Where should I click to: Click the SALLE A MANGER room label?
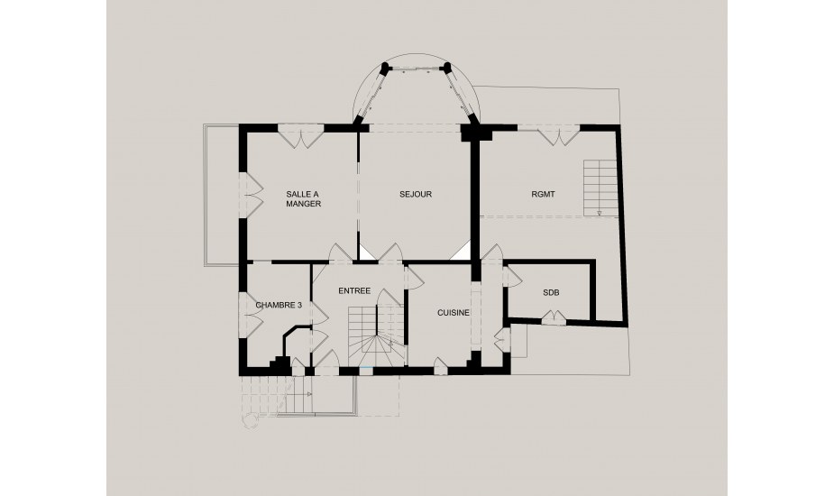tap(303, 199)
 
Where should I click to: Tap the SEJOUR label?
tap(416, 194)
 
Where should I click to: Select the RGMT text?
tap(543, 194)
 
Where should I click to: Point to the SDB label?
tap(551, 293)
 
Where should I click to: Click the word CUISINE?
tap(454, 313)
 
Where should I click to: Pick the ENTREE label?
tap(354, 290)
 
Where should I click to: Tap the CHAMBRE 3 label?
tap(279, 306)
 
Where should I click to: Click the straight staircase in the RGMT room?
tap(600, 188)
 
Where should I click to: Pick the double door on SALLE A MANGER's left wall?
tap(253, 196)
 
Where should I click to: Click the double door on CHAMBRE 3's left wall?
tap(252, 315)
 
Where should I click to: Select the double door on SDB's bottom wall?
tap(554, 317)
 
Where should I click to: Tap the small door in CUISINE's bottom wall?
tap(440, 365)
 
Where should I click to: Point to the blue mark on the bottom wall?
tap(365, 368)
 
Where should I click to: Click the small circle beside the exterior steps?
tap(250, 421)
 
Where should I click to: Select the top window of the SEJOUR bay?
tap(416, 69)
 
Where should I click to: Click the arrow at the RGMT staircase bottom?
tap(600, 214)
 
